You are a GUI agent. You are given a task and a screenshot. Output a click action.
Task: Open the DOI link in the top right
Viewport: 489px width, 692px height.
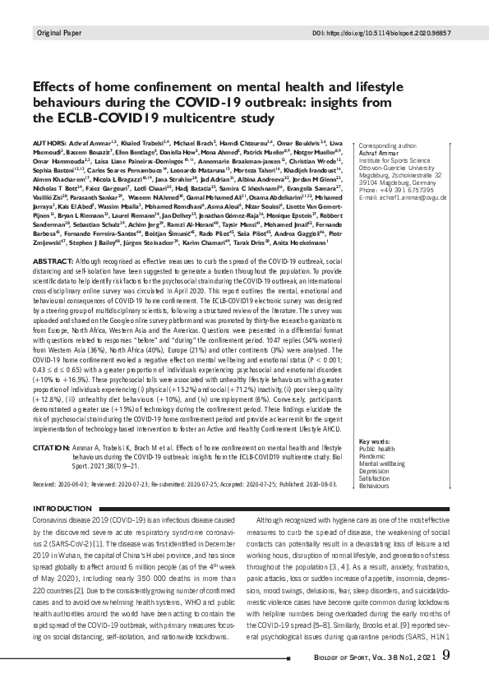[x=391, y=32]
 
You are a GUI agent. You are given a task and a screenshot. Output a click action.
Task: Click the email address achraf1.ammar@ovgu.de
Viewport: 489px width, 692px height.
[x=407, y=196]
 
